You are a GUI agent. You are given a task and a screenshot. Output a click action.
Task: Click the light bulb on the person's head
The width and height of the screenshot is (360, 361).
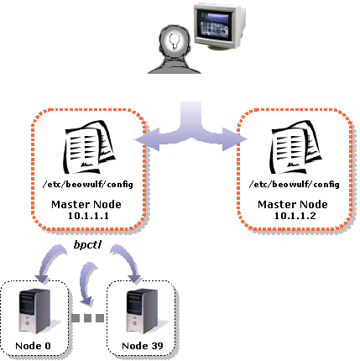(175, 41)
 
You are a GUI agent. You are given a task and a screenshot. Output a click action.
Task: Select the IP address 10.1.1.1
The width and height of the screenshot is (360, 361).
(88, 216)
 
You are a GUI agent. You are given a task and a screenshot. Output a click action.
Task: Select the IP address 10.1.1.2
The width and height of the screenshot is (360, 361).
(295, 216)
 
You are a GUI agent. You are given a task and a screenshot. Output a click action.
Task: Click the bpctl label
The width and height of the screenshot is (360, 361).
(87, 245)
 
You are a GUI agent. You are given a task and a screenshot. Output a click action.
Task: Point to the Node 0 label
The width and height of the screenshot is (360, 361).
(33, 346)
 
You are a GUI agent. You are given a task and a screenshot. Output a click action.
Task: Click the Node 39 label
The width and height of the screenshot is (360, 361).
(143, 346)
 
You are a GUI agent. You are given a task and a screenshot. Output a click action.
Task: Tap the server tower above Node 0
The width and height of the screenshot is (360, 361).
(35, 311)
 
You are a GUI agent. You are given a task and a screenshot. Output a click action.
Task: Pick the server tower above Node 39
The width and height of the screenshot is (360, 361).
(142, 311)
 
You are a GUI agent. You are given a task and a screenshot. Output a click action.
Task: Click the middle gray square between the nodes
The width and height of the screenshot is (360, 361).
(87, 318)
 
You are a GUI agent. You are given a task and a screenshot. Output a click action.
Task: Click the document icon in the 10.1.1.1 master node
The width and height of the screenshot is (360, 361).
(89, 147)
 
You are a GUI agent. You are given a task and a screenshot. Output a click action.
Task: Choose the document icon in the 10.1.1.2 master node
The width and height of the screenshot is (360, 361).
(295, 147)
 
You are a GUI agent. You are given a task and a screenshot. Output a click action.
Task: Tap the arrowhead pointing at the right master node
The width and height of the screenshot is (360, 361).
(235, 139)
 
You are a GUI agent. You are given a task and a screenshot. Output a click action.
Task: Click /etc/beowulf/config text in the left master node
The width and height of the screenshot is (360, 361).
(87, 185)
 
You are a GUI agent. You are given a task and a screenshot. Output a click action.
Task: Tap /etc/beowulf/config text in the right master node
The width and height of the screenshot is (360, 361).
(294, 185)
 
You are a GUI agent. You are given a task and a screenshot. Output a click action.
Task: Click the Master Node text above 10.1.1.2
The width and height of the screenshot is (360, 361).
(293, 204)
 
